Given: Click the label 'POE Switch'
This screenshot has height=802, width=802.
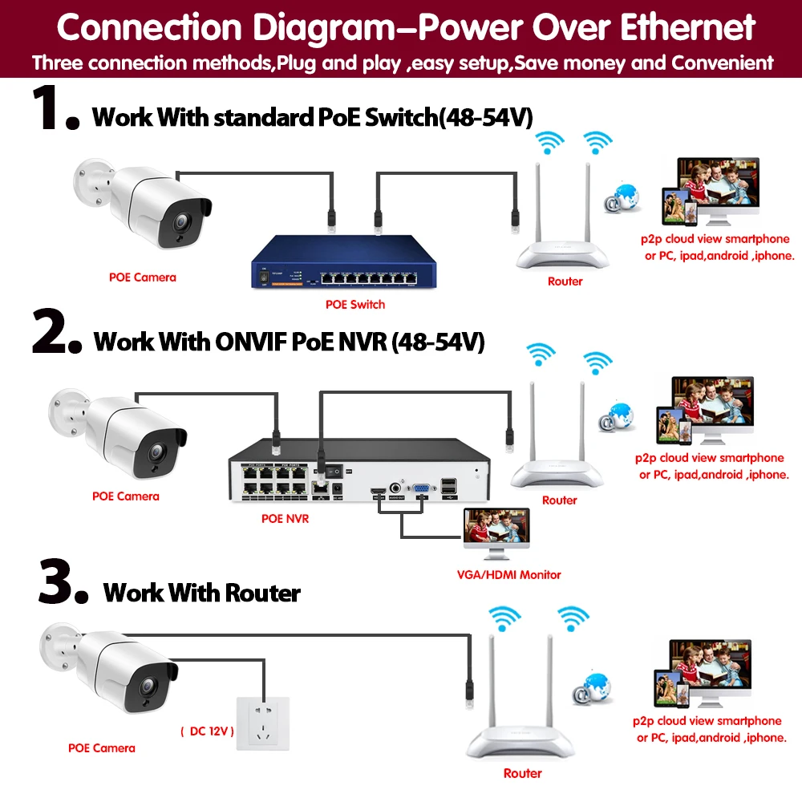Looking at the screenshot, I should coord(354,305).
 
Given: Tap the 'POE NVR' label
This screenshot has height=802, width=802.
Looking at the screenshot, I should coord(285,519).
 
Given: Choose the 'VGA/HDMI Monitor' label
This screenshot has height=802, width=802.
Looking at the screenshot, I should coord(509,574).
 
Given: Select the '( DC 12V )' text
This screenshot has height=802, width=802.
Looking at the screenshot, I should coord(206,731).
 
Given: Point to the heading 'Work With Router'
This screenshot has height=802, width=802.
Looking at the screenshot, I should coord(202,593).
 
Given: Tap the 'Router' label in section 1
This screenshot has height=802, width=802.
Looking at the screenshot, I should coord(565,282).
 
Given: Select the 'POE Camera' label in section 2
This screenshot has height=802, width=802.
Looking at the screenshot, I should coord(125,496).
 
